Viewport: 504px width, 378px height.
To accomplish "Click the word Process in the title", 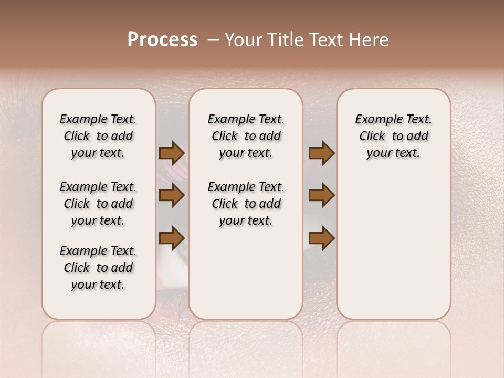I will tap(162, 40).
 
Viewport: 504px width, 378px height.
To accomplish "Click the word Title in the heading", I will tap(285, 40).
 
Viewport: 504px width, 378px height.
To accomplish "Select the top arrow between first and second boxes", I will tap(172, 153).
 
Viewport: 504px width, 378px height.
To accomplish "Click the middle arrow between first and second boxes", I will tap(172, 196).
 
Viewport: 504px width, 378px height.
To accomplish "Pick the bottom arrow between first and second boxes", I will tap(172, 238).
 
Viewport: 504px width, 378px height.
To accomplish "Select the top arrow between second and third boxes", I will tap(321, 153).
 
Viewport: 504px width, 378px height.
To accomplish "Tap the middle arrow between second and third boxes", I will tap(321, 196).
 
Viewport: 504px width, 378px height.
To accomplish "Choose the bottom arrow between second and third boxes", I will tap(321, 238).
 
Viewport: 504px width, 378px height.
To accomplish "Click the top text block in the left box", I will tap(98, 136).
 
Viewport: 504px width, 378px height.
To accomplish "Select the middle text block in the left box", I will tap(98, 204).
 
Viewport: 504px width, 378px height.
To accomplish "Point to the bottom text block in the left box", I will tap(98, 268).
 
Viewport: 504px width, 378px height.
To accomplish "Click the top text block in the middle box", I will tap(246, 136).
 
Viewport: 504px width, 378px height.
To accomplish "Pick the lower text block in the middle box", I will tap(246, 204).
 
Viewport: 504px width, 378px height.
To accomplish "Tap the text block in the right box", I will tap(393, 136).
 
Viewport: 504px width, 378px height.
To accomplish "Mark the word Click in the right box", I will tap(372, 136).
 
